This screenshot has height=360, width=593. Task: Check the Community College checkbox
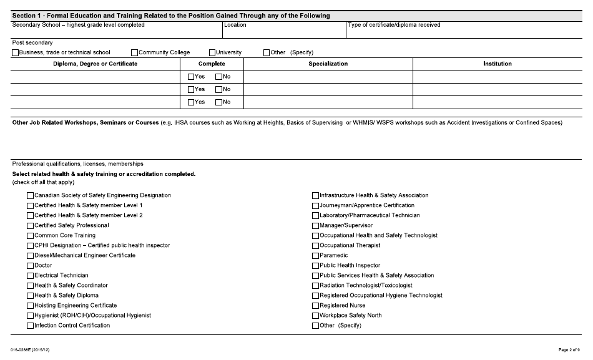point(135,53)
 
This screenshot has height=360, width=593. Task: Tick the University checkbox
point(212,53)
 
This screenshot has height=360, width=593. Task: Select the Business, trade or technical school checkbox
point(16,53)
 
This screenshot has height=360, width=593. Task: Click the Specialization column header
point(328,64)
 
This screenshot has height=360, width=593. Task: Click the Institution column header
point(497,64)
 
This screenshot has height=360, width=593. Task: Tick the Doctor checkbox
point(30,266)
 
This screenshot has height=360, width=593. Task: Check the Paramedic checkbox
point(315,256)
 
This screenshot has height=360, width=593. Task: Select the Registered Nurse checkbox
point(315,306)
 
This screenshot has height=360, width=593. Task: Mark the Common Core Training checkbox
point(30,236)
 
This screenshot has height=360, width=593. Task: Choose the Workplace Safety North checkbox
point(315,316)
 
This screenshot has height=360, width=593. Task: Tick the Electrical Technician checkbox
point(30,276)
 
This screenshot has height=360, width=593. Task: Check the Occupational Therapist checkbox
point(315,246)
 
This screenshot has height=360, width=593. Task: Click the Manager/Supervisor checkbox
point(315,226)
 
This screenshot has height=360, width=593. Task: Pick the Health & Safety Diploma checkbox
point(30,296)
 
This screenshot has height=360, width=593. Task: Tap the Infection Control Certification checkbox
point(30,326)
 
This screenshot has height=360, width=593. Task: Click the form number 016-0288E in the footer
point(30,350)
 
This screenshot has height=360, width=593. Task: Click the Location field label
point(235,25)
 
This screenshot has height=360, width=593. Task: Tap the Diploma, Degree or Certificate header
point(95,64)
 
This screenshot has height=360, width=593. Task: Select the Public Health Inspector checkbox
point(315,266)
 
